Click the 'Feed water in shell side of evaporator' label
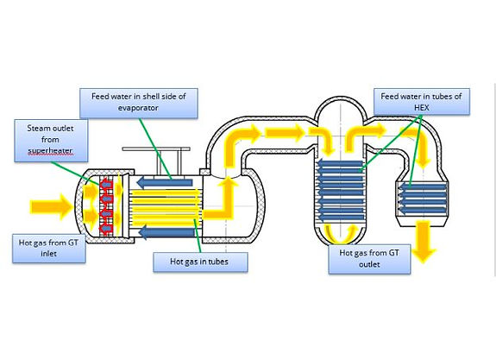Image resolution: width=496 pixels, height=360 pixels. pyautogui.click(x=139, y=104)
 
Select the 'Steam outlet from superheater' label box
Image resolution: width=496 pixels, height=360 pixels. pyautogui.click(x=51, y=141)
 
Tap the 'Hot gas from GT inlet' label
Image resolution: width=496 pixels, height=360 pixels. pyautogui.click(x=48, y=249)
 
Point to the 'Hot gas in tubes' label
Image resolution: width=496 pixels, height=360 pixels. pyautogui.click(x=200, y=262)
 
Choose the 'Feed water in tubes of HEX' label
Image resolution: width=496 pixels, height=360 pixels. pyautogui.click(x=421, y=101)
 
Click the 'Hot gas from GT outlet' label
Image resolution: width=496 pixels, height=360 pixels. pyautogui.click(x=369, y=259)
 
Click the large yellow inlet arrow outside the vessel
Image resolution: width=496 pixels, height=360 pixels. pyautogui.click(x=51, y=207)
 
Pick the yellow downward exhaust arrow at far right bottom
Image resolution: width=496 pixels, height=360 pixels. pyautogui.click(x=424, y=242)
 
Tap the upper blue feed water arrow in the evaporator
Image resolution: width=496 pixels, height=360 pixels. pyautogui.click(x=165, y=182)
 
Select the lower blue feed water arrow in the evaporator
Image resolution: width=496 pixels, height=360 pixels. pyautogui.click(x=166, y=232)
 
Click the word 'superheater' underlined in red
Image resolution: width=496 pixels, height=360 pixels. pyautogui.click(x=50, y=151)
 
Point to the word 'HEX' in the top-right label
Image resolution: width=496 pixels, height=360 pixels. pyautogui.click(x=421, y=108)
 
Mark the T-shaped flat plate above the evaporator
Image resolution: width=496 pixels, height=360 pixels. pyautogui.click(x=156, y=148)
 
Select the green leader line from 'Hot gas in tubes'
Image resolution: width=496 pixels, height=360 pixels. pyautogui.click(x=198, y=236)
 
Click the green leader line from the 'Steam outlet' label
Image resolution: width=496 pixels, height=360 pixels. pyautogui.click(x=75, y=174)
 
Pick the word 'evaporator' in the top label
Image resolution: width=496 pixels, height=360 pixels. pyautogui.click(x=138, y=108)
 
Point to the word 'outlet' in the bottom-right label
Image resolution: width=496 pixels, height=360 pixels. pyautogui.click(x=369, y=264)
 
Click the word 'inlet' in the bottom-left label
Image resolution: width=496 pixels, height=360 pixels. pyautogui.click(x=48, y=254)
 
